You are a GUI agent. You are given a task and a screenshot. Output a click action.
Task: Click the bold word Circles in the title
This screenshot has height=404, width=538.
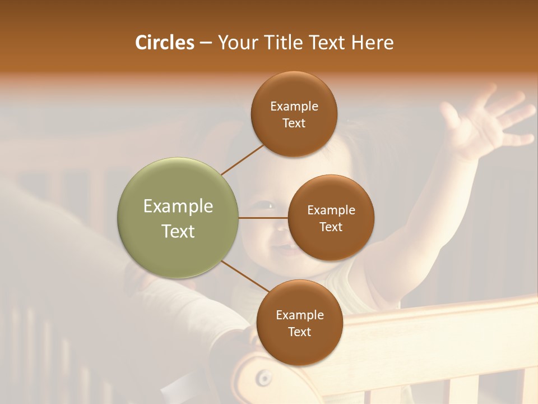coord(165,43)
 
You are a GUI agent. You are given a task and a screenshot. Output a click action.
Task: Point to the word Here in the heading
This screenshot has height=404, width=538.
coord(372,43)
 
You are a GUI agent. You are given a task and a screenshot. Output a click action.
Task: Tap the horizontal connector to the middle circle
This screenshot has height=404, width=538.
coord(263,218)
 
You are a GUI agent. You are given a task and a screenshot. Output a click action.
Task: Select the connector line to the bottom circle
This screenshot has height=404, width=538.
coord(245,276)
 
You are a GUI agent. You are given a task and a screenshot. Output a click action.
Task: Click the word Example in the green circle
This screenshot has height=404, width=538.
coord(178,206)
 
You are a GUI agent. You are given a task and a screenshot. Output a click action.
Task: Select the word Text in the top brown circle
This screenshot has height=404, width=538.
coord(294,123)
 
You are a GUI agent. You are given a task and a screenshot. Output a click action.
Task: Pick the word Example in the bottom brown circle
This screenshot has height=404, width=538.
coord(299,315)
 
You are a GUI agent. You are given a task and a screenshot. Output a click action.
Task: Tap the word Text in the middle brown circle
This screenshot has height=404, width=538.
coord(331,227)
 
